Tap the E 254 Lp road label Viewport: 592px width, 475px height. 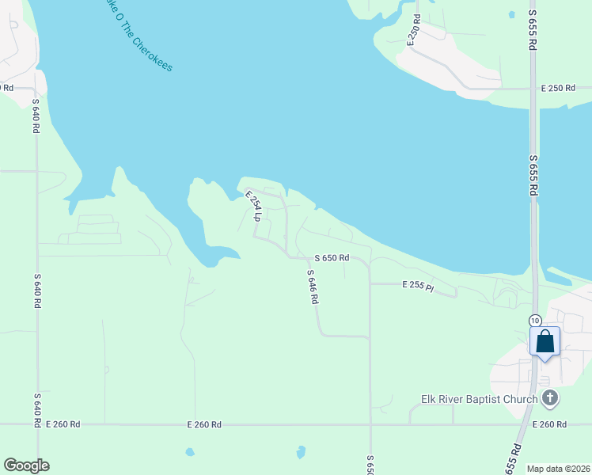point(252,205)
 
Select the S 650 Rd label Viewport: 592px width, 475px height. point(331,258)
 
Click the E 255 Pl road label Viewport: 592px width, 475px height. point(418,286)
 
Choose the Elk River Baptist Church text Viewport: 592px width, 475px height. point(480,399)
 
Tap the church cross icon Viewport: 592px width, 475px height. point(551,399)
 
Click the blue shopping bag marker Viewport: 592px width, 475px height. point(545,343)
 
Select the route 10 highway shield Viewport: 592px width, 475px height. point(536,319)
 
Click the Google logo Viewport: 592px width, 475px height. point(26,465)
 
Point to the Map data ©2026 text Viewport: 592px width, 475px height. point(558,469)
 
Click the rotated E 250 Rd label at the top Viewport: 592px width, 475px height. point(412,29)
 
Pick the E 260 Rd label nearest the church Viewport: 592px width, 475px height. point(549,425)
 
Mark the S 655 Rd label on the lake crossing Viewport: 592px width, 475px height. point(533,176)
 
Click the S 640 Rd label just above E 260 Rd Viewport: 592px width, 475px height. point(37,410)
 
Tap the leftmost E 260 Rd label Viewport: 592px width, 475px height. point(63,425)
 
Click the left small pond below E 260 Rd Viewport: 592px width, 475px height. point(190,452)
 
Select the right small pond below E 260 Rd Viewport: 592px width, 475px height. point(301,452)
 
